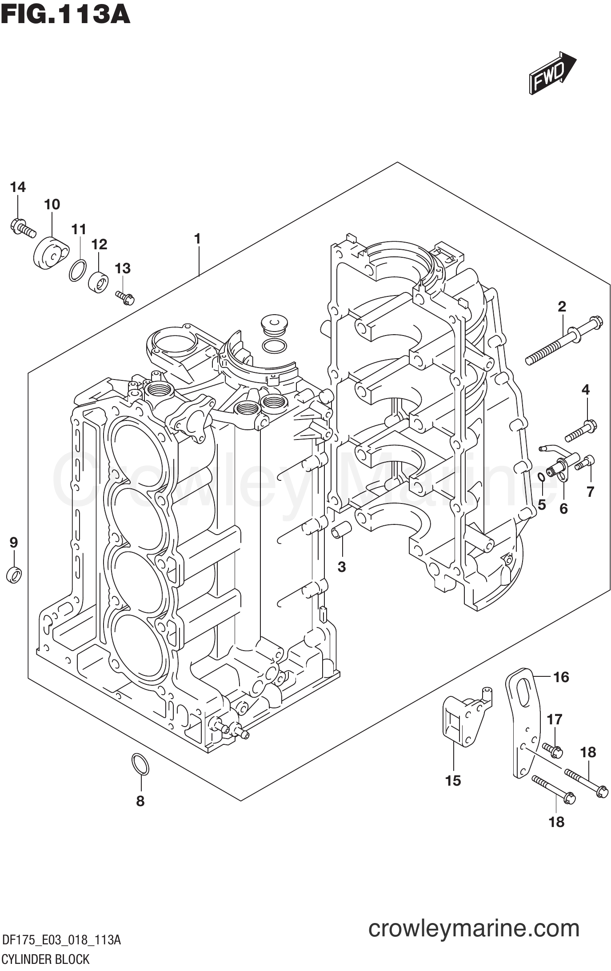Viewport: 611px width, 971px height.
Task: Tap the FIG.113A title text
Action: point(65,14)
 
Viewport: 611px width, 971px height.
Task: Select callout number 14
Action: point(18,188)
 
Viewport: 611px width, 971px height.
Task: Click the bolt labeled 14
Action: point(22,228)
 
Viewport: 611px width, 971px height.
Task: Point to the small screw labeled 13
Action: point(125,298)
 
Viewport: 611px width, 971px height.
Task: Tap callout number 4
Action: point(585,390)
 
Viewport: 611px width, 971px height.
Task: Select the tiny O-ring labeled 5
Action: point(541,478)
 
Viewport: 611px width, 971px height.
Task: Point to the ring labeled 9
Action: point(15,575)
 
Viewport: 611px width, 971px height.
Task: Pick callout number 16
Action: point(561,677)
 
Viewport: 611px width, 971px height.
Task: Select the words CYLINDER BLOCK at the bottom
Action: point(46,959)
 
